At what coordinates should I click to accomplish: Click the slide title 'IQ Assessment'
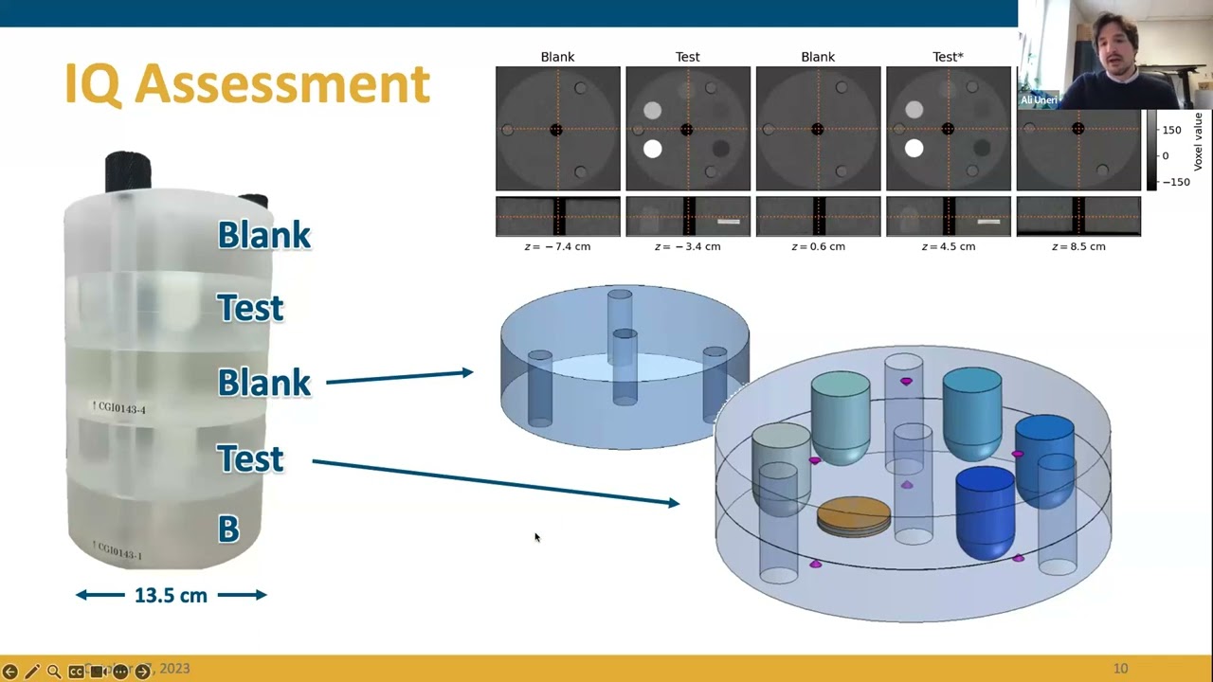[247, 84]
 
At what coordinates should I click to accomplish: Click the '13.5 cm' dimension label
[171, 595]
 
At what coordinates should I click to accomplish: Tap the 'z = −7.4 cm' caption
[557, 246]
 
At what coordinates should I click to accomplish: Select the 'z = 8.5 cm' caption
[1078, 246]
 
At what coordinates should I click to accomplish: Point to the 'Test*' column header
[948, 57]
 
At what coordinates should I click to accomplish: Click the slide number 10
[1120, 669]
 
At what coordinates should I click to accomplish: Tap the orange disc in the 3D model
[854, 515]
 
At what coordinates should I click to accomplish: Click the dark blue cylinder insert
[986, 511]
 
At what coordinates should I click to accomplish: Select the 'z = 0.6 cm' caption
[818, 246]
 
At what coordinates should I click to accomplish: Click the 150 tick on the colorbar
[1171, 130]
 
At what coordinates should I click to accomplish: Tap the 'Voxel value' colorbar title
[1198, 141]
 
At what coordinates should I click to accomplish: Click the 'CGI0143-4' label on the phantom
[119, 407]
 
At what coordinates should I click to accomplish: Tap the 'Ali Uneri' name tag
[1038, 100]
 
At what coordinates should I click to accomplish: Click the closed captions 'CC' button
[76, 672]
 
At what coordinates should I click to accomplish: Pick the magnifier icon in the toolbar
[54, 672]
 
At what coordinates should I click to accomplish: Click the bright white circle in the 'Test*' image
[914, 148]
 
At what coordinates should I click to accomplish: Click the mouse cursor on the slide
[536, 537]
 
